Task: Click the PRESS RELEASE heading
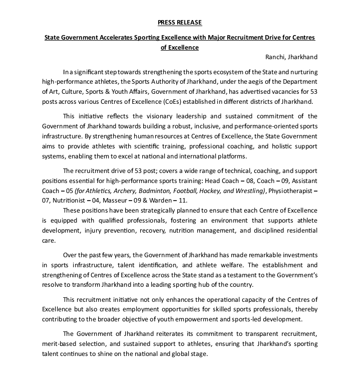click(180, 23)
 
